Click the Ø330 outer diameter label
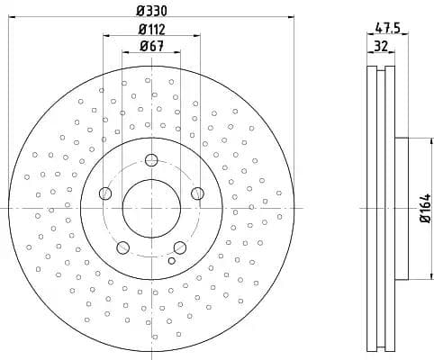pyautogui.click(x=150, y=9)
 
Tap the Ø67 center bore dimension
pyautogui.click(x=150, y=48)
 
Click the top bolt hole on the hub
pyautogui.click(x=151, y=161)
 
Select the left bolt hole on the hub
pyautogui.click(x=105, y=193)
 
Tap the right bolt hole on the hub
pyautogui.click(x=197, y=193)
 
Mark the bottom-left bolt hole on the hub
pyautogui.click(x=123, y=247)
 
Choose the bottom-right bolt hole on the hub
pyautogui.click(x=179, y=247)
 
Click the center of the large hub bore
pyautogui.click(x=151, y=209)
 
